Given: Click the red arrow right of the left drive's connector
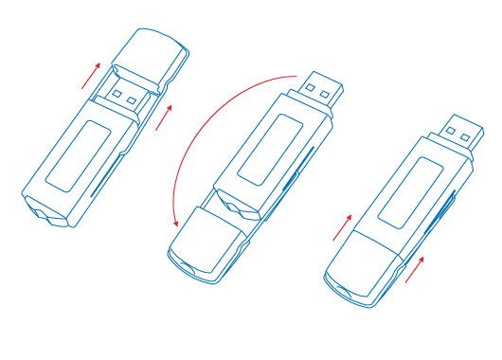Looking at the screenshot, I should [x=165, y=117].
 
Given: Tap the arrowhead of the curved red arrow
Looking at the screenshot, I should [x=176, y=222].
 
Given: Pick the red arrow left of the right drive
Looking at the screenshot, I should [x=342, y=226].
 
